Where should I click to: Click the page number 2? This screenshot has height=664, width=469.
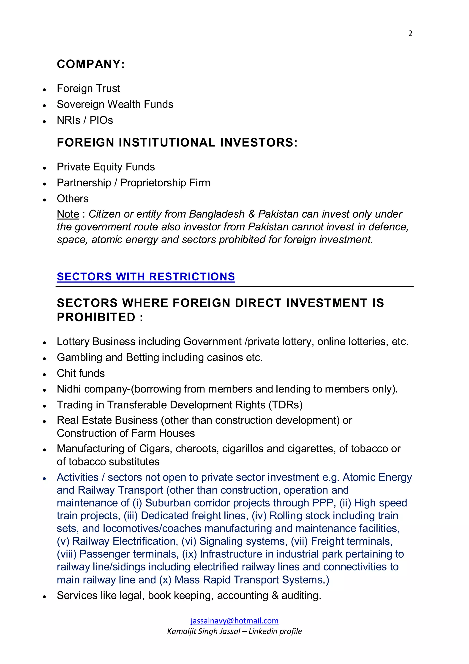pos(410,33)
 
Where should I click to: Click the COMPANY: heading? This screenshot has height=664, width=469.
pos(91,64)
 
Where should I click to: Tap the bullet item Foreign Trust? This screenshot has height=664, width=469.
pos(88,89)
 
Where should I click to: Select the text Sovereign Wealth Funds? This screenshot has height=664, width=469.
pos(115,104)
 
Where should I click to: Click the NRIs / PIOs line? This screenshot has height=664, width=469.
pos(85,120)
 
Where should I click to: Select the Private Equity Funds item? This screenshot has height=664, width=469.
pos(106,167)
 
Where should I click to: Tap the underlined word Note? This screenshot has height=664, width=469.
pos(68,214)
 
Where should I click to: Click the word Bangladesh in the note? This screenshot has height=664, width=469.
pos(217,214)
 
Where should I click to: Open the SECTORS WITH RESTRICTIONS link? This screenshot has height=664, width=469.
pos(146,277)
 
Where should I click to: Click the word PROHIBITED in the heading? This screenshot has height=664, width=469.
pos(96,317)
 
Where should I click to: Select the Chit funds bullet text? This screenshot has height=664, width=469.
pos(81,373)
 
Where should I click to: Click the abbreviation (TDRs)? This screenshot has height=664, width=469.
pos(285,405)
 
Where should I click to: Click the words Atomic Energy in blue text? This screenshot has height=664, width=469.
pos(377,477)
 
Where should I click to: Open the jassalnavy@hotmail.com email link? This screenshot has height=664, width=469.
pos(234,621)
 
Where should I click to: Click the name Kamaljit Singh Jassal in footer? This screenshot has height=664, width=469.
pos(204,631)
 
